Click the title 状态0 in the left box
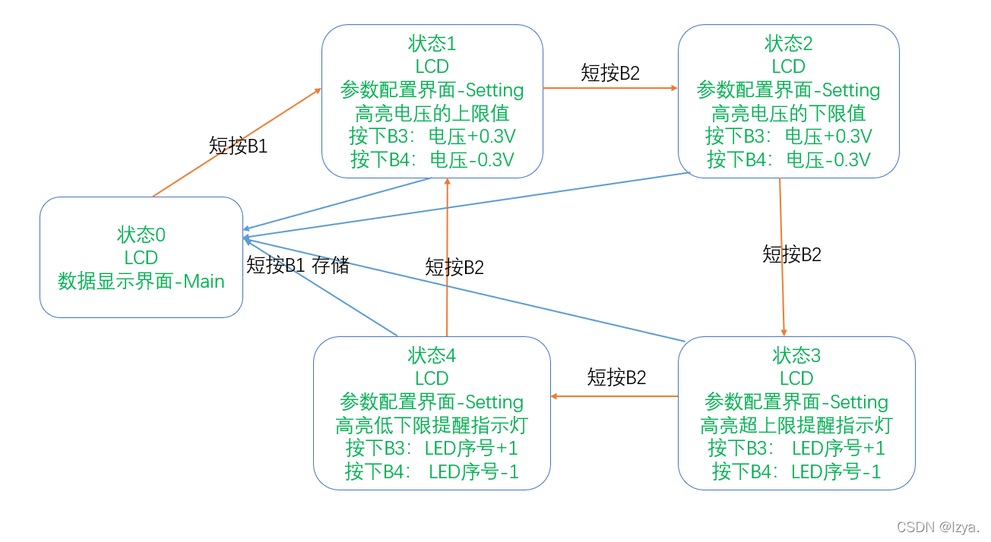141,234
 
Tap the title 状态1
432,43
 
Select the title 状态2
789,43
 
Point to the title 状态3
796,355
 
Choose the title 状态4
432,355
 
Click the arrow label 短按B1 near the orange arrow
238,146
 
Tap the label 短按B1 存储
298,265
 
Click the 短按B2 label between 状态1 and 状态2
610,73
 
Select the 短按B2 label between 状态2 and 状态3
792,254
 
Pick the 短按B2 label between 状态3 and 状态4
616,377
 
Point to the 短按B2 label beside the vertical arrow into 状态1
454,266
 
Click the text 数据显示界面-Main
141,282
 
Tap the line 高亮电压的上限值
432,114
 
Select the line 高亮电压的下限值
789,114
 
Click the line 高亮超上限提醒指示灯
796,425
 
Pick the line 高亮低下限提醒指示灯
432,425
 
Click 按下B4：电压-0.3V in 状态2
789,160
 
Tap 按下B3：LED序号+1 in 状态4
432,448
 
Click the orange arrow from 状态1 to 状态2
610,88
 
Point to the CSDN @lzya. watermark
938,528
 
